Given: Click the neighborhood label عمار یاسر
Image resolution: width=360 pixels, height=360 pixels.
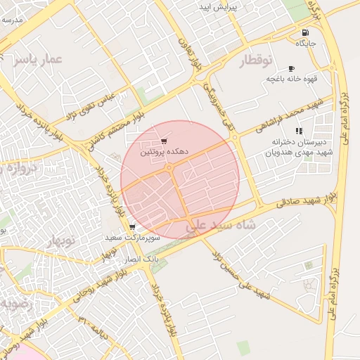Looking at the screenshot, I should [37, 60].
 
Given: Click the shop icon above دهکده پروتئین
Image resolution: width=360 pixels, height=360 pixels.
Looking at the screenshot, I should [164, 141].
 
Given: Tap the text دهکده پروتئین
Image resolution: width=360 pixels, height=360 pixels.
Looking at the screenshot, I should [163, 151].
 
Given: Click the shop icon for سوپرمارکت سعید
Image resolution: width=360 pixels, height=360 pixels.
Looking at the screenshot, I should [132, 227].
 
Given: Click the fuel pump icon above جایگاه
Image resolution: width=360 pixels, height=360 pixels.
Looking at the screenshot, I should [304, 33].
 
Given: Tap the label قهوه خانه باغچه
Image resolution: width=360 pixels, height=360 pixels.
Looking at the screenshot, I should [288, 78].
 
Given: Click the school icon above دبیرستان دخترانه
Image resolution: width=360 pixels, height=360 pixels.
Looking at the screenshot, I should [299, 131].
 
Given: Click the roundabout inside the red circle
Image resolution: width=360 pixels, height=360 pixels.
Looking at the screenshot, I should [169, 167].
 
